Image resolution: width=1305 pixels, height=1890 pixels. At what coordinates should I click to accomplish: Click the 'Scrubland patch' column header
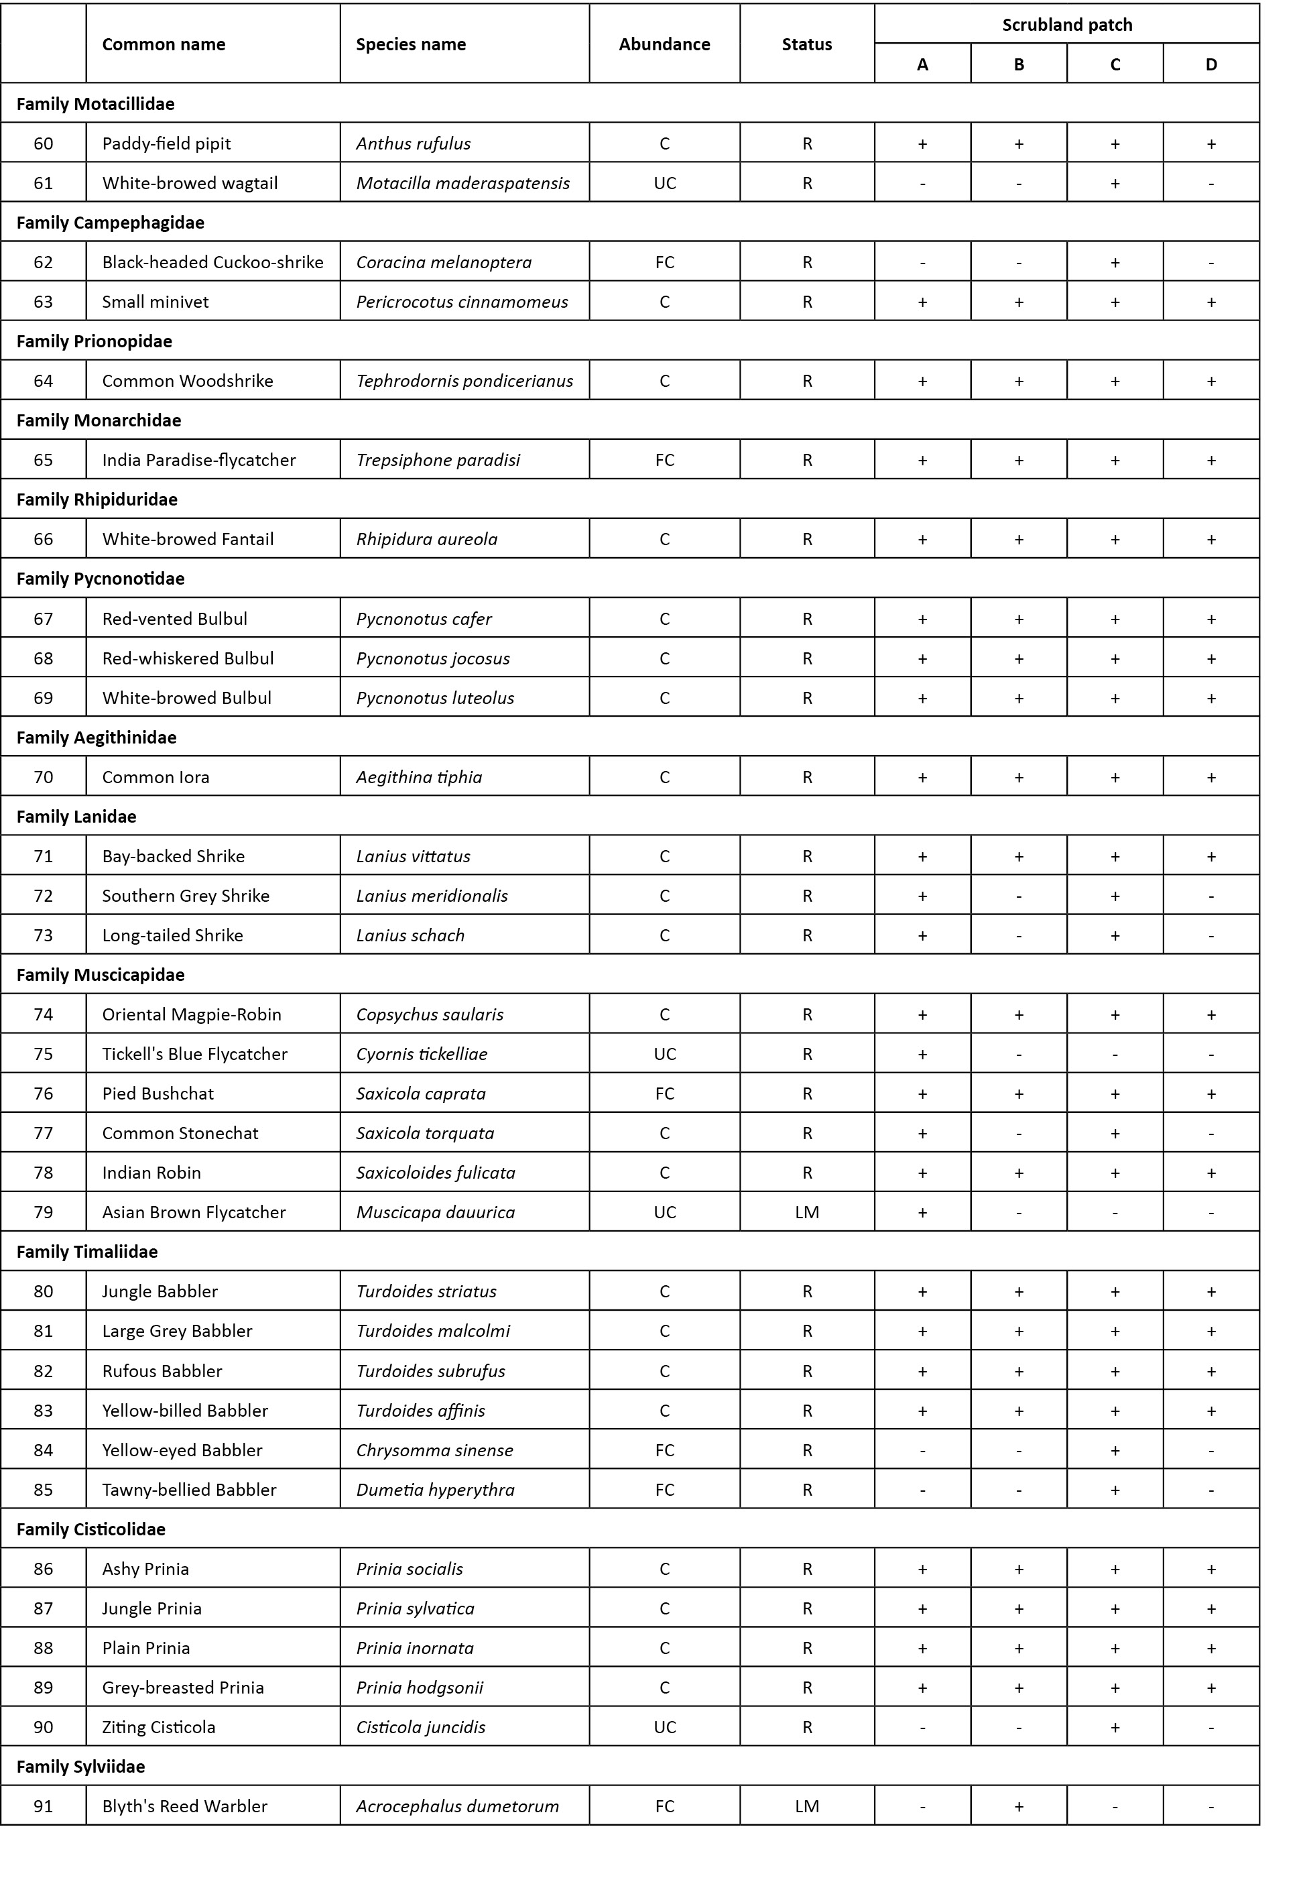click(1066, 25)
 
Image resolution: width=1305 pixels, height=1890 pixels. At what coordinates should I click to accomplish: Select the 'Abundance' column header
click(664, 44)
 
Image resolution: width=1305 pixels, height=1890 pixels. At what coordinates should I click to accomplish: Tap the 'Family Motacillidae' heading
click(96, 104)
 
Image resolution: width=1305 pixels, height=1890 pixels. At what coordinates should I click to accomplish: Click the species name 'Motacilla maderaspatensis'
click(462, 183)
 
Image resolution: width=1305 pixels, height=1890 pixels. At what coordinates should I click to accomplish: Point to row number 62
click(44, 263)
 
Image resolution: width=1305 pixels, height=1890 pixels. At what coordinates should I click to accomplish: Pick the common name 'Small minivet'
click(156, 302)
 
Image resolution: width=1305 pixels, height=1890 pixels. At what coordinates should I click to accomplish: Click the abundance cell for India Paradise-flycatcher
click(664, 461)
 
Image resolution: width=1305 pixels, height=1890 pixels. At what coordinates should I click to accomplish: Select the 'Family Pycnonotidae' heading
click(101, 579)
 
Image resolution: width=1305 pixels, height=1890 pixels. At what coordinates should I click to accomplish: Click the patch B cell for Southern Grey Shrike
click(1019, 896)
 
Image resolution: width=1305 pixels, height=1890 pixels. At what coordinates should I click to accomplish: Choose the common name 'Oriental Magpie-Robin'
click(191, 1015)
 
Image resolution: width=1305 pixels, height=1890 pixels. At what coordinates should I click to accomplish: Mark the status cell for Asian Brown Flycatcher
click(807, 1213)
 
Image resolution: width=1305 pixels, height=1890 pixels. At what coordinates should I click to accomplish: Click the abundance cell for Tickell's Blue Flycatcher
click(664, 1054)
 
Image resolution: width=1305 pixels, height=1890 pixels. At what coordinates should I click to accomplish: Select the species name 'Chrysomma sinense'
click(435, 1450)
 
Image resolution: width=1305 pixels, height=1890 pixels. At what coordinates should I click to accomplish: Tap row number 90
click(44, 1727)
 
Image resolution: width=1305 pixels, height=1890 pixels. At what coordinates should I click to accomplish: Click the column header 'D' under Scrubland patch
click(1211, 64)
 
